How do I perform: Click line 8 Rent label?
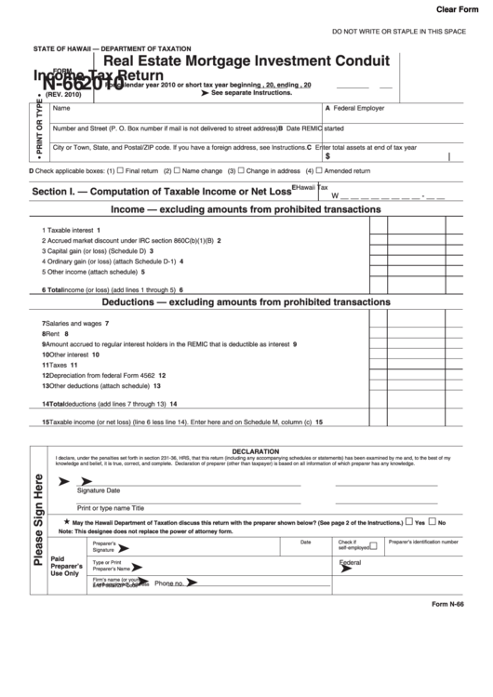click(55, 333)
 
